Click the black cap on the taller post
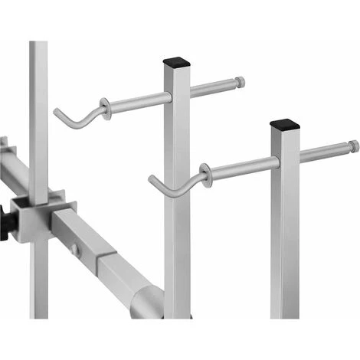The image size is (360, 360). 177,58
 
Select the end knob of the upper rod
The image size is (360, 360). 241,81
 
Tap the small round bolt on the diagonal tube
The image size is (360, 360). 74,250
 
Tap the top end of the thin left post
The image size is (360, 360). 38,44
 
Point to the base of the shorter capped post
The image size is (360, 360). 286,310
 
